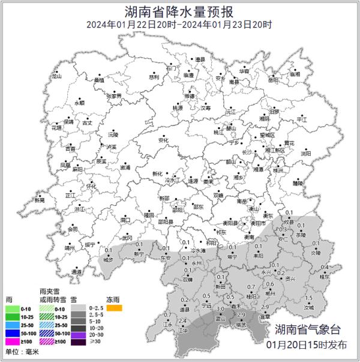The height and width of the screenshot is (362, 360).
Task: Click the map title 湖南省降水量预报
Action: [179, 10]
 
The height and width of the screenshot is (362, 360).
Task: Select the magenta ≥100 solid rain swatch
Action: [11, 343]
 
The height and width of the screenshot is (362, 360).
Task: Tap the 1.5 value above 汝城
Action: [310, 298]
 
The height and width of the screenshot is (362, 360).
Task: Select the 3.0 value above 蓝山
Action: [221, 309]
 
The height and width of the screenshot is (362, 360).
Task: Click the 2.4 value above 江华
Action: [184, 321]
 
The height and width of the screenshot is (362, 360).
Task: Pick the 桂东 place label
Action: [325, 277]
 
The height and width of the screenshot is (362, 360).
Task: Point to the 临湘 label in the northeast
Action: [294, 74]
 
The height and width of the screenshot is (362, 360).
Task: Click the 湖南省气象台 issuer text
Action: [307, 330]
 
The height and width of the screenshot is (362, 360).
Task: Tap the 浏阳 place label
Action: [306, 153]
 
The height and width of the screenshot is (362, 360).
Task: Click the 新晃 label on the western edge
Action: [40, 201]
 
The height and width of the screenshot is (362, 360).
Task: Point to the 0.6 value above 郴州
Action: [270, 285]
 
